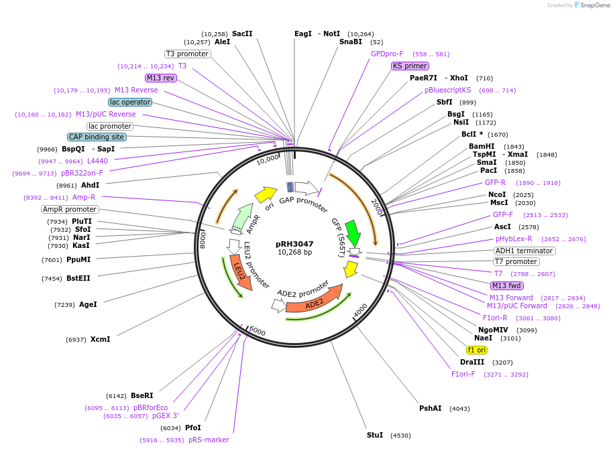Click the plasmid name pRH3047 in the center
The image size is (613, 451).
[x=294, y=244]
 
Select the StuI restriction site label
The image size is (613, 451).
[x=375, y=435]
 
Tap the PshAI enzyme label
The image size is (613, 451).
[x=431, y=408]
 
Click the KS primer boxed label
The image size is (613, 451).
[x=410, y=66]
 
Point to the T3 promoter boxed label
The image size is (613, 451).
[x=188, y=54]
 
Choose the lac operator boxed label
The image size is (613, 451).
[x=131, y=102]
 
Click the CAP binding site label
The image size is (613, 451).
[x=97, y=137]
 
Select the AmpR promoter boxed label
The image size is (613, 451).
[x=70, y=209]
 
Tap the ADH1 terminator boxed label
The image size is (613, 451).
[x=524, y=251]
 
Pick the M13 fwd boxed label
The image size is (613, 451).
[x=506, y=285]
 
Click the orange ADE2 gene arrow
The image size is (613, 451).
[x=313, y=303]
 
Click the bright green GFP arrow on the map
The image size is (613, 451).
[x=353, y=233]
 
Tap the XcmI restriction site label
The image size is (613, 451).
[x=100, y=339]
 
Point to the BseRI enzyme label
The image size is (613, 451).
[x=142, y=395]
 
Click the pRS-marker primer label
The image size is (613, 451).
[x=209, y=440]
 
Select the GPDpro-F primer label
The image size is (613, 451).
[x=387, y=54]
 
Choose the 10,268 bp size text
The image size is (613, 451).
[x=294, y=253]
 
